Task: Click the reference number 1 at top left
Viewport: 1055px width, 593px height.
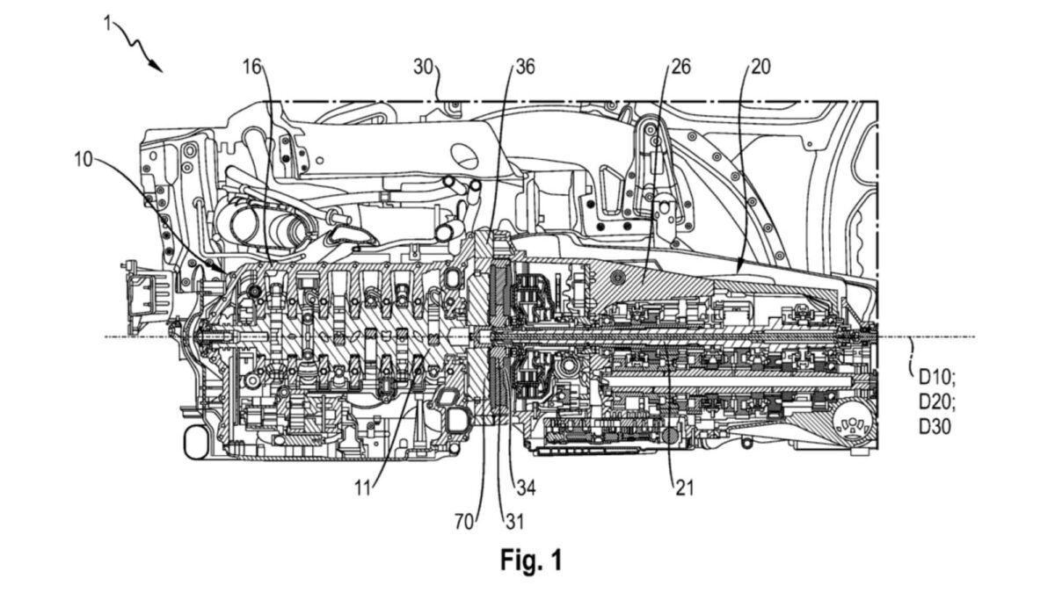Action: tap(108, 22)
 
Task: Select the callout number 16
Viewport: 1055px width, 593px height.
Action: tap(252, 67)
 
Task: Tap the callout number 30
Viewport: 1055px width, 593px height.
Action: tap(423, 67)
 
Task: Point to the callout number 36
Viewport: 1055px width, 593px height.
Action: tap(526, 67)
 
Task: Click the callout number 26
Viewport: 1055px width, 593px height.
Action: tap(681, 67)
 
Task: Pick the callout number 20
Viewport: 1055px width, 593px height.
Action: tap(761, 67)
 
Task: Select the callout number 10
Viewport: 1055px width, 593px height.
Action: tap(84, 160)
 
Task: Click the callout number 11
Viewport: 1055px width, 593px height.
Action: tap(362, 488)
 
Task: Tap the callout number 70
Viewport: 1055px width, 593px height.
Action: tap(464, 522)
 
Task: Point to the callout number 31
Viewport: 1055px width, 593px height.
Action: tap(515, 522)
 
